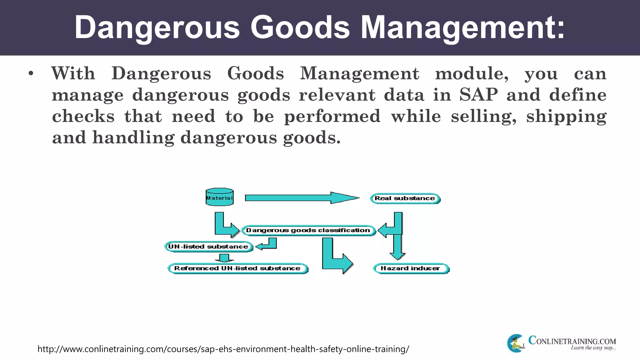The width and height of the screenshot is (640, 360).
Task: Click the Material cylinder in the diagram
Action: point(219,197)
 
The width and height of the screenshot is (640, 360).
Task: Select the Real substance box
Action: point(405,198)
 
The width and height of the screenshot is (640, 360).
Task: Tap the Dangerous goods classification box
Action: point(308,231)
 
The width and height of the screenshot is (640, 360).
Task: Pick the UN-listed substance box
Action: point(208,247)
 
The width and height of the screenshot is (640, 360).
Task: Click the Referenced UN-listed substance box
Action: point(237,268)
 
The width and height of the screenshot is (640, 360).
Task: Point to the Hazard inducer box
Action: point(411,268)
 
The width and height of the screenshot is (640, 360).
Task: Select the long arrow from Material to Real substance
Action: point(302,198)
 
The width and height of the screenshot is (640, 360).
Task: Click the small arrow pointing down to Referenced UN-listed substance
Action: point(224,258)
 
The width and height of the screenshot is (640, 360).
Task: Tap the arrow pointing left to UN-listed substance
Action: point(267,245)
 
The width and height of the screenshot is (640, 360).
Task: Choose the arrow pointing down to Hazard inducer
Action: point(397,247)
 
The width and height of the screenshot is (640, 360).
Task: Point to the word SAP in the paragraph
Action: point(478,95)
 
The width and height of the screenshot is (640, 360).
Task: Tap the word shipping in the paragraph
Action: point(566,117)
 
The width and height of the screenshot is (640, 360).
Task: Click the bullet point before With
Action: point(31,74)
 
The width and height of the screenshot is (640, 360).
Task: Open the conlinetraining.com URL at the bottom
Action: point(223,349)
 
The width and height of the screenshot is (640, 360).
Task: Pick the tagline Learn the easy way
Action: point(593,348)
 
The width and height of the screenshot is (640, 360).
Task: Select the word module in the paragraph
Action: point(472,74)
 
